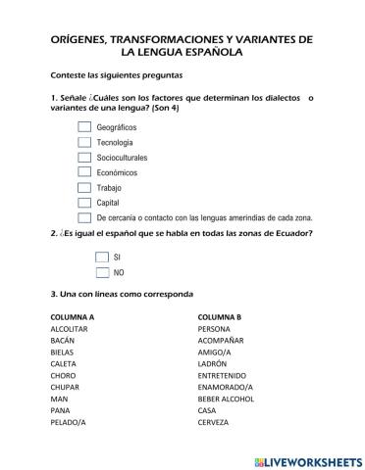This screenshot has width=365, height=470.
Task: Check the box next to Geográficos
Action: (84, 127)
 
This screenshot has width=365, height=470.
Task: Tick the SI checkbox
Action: (102, 257)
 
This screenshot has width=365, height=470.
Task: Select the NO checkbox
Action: (102, 272)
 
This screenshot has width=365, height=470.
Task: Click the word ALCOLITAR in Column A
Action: (71, 329)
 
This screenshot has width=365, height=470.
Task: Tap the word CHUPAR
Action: (65, 387)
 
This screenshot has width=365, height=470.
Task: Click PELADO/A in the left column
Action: (68, 422)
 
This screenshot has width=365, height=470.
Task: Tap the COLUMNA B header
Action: (219, 317)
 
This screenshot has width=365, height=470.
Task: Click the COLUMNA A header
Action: (72, 317)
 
